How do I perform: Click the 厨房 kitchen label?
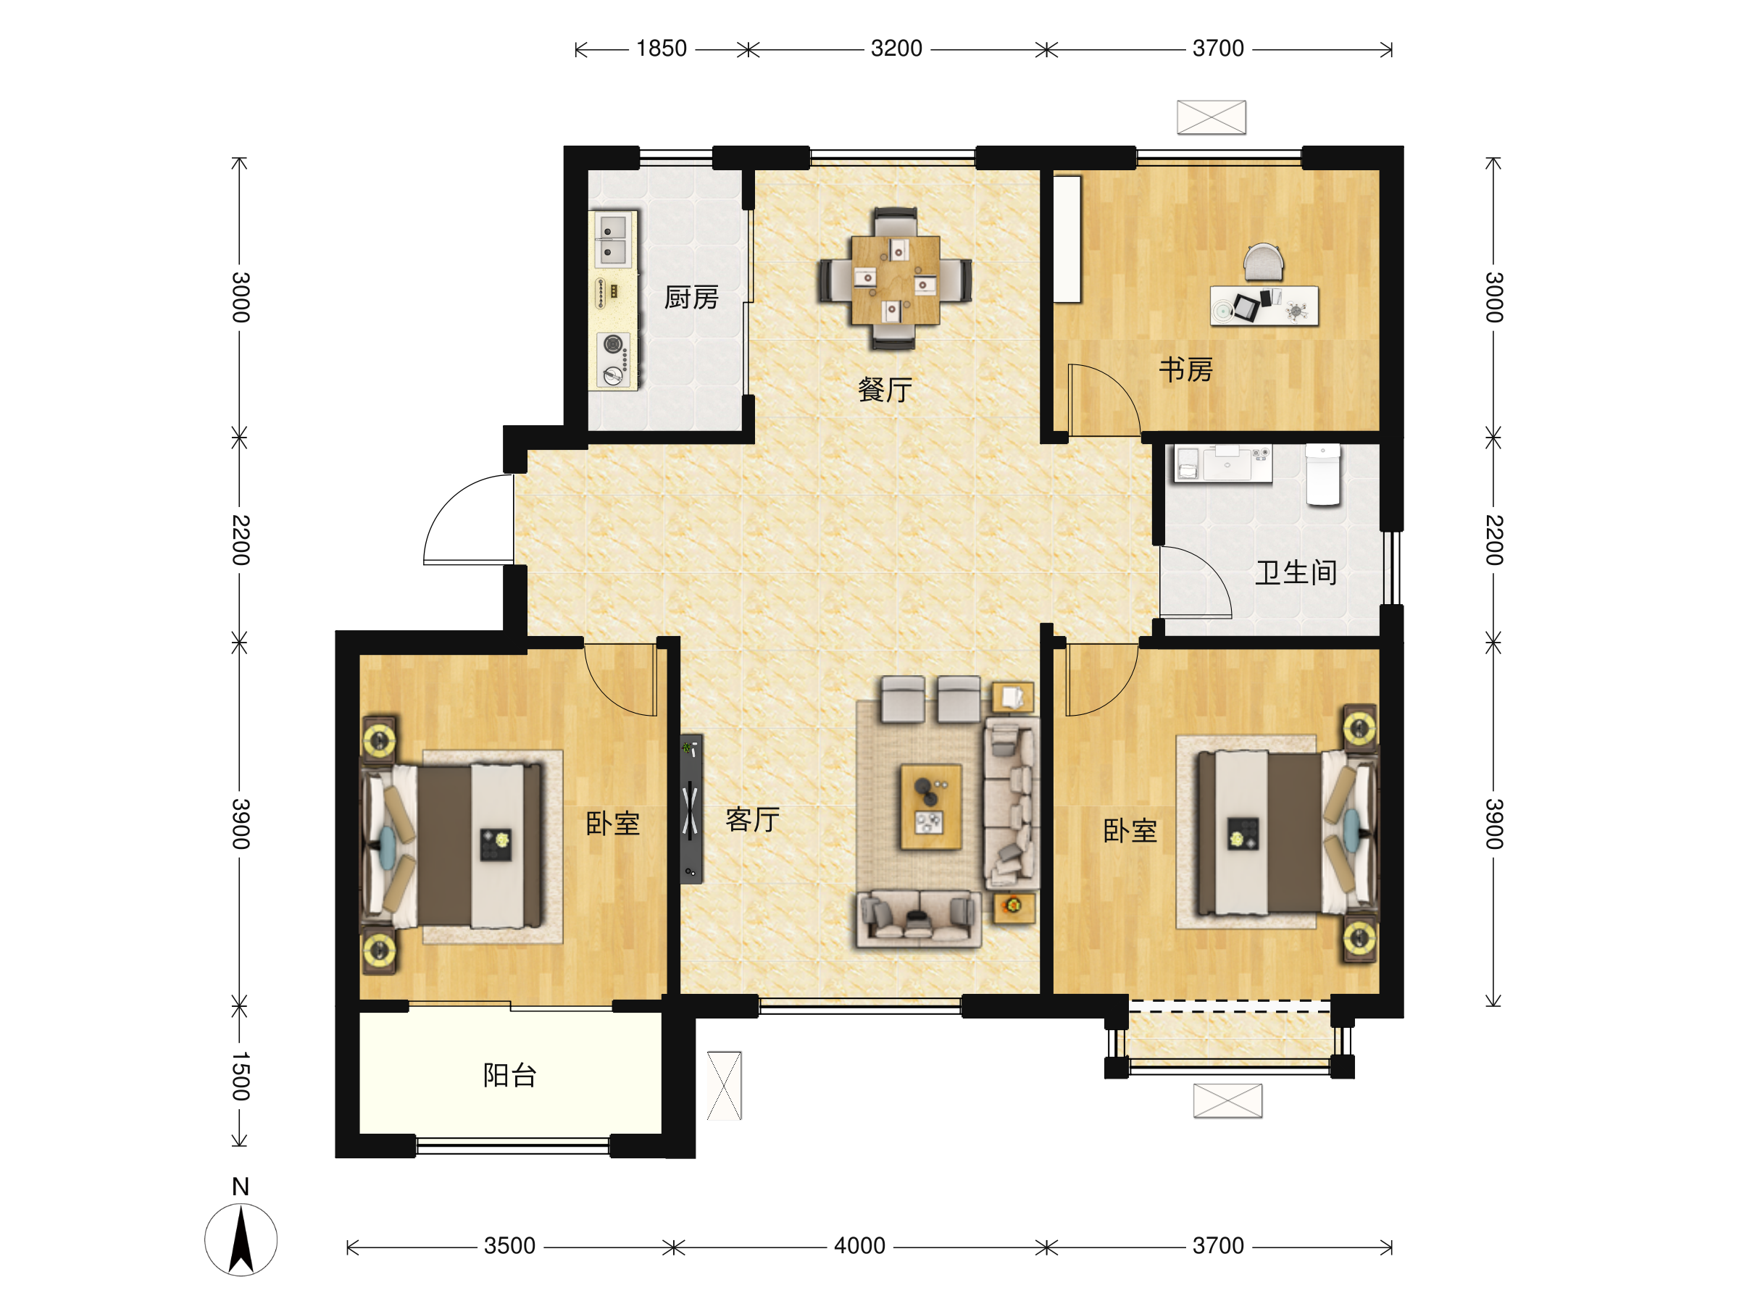pyautogui.click(x=691, y=298)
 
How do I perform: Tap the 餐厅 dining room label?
pyautogui.click(x=885, y=389)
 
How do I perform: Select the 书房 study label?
pyautogui.click(x=1185, y=369)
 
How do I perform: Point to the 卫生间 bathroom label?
pyautogui.click(x=1296, y=572)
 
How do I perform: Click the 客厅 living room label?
pyautogui.click(x=752, y=819)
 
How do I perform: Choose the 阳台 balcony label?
pyautogui.click(x=509, y=1075)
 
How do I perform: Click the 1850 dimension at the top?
pyautogui.click(x=661, y=49)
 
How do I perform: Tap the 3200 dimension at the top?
pyautogui.click(x=896, y=49)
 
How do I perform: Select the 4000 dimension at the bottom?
pyautogui.click(x=859, y=1246)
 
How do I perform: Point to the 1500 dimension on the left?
pyautogui.click(x=241, y=1076)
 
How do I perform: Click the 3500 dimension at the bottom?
pyautogui.click(x=509, y=1246)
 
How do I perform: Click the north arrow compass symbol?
pyautogui.click(x=241, y=1239)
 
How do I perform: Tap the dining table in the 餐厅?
pyautogui.click(x=895, y=279)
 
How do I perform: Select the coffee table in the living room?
pyautogui.click(x=931, y=807)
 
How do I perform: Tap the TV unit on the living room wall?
pyautogui.click(x=691, y=808)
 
